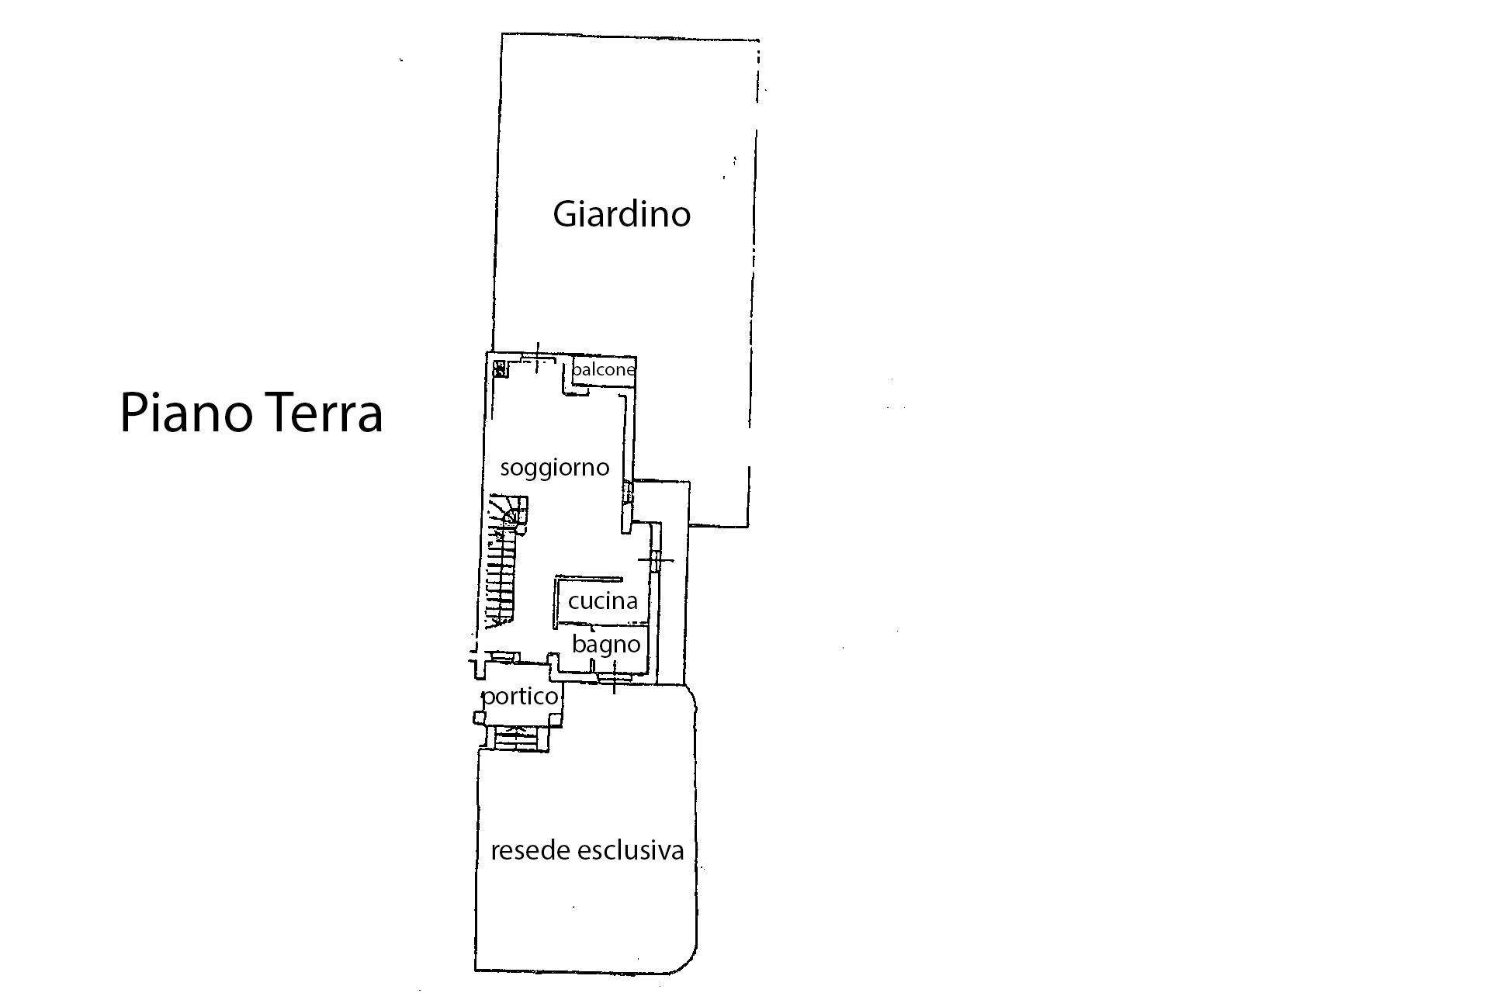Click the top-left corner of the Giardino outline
click(x=503, y=34)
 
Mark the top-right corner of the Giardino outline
click(x=758, y=40)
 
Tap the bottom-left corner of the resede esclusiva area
click(x=476, y=970)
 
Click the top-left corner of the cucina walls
click(x=556, y=578)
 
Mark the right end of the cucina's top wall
click(x=622, y=579)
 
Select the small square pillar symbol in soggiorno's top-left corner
click(x=501, y=368)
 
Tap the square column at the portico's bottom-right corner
click(x=556, y=719)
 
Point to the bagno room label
click(x=606, y=645)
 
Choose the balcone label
click(x=603, y=369)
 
